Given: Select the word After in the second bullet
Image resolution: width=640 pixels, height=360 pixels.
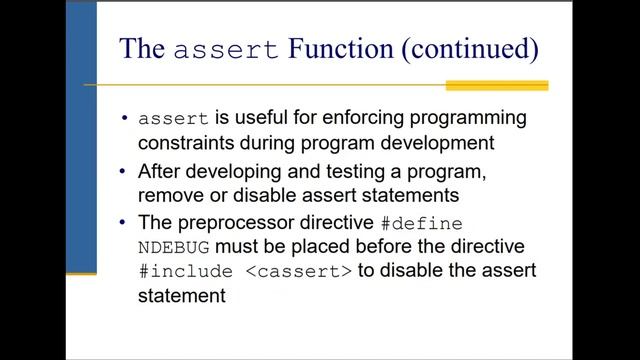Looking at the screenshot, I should pyautogui.click(x=161, y=170).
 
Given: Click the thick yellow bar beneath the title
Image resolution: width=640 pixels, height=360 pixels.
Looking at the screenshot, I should pyautogui.click(x=496, y=86).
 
